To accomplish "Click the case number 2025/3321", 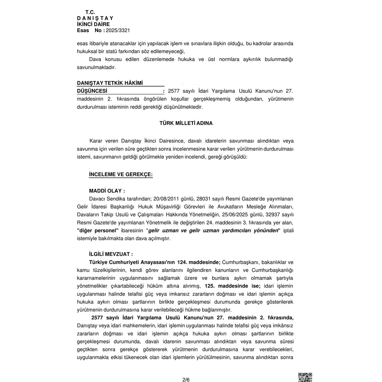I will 118,30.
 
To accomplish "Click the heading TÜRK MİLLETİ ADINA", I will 186,123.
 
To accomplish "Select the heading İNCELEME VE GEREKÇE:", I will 121,175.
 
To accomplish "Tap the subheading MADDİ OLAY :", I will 107,191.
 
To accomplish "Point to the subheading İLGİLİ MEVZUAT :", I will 111,254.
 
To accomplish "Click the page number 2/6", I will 186,380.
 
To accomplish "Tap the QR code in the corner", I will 305,377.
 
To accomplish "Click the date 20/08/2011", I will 166,199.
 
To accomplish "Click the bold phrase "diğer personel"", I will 98,231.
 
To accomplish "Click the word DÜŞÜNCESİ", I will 92,91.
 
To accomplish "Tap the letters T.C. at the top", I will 90,12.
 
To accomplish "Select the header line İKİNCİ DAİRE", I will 93,24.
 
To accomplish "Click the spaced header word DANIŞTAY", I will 95,18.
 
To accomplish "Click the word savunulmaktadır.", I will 96,67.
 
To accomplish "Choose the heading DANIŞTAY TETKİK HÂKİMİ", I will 110,83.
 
